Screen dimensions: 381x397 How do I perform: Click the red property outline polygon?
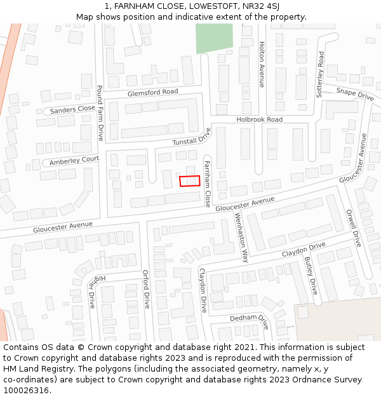pyautogui.click(x=189, y=181)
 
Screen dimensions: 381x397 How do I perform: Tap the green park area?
pyautogui.click(x=214, y=38)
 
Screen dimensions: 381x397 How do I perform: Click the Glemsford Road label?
pyautogui.click(x=152, y=92)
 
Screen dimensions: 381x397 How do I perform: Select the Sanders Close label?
pyautogui.click(x=72, y=110)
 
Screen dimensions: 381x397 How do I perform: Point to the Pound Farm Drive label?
pyautogui.click(x=100, y=113)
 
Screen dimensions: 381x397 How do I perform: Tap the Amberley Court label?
pyautogui.click(x=74, y=160)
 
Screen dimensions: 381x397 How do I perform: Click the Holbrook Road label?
pyautogui.click(x=259, y=119)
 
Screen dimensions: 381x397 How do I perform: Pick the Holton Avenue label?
pyautogui.click(x=262, y=64)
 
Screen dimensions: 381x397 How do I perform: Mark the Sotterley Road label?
pyautogui.click(x=321, y=74)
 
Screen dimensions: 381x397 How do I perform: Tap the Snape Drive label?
pyautogui.click(x=355, y=94)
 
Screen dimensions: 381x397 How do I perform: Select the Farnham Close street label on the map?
pyautogui.click(x=207, y=184)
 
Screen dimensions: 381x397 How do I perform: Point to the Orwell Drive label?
pyautogui.click(x=353, y=228)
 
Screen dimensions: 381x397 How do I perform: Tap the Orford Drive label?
pyautogui.click(x=146, y=289)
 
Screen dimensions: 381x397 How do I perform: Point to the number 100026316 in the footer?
pyautogui.click(x=25, y=390)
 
